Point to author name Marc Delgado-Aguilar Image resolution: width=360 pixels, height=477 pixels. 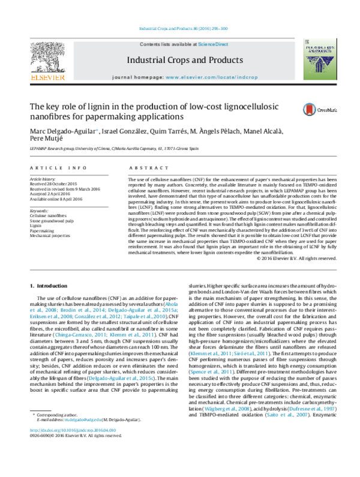pos(62,132)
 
